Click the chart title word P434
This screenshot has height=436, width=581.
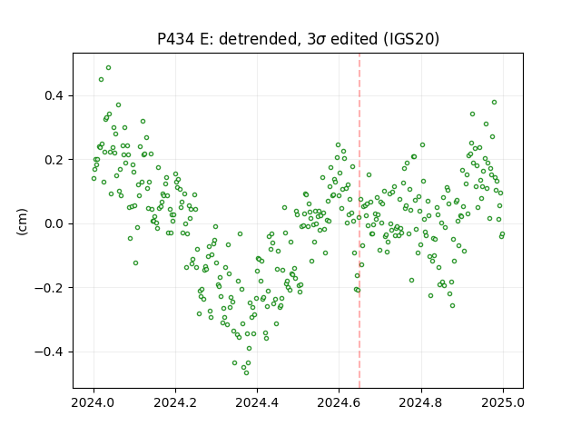175,39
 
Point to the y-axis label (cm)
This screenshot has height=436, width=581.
22,222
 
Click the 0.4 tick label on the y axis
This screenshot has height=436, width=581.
54,95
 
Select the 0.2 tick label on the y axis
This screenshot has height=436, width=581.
54,160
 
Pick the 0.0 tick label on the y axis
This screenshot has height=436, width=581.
54,224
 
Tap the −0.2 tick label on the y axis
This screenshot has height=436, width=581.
49,288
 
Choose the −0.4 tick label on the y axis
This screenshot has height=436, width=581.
49,352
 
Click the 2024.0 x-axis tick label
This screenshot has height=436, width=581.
94,402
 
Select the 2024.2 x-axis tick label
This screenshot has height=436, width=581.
175,402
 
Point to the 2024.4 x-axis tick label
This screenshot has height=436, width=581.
257,402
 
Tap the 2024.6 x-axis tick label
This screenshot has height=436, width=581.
339,402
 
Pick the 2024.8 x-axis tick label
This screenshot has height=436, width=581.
421,402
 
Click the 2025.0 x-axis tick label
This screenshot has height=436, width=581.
503,402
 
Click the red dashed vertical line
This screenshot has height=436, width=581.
359,221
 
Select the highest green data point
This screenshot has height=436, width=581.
109,68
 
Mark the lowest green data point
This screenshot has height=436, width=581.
246,372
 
